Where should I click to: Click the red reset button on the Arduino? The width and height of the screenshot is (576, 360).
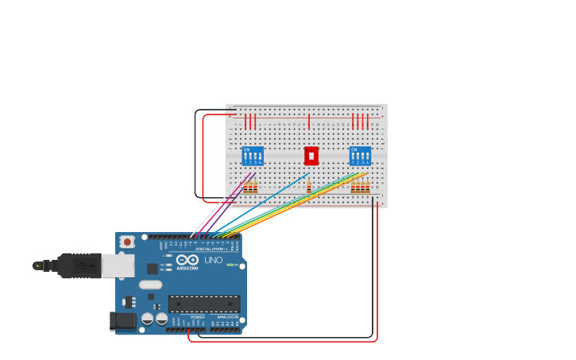point(126,242)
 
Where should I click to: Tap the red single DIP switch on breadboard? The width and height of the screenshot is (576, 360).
point(311,156)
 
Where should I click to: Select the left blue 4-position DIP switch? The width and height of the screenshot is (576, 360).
point(253,156)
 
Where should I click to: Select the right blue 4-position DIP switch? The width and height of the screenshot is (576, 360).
point(360,156)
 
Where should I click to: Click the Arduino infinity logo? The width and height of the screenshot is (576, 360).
point(187,260)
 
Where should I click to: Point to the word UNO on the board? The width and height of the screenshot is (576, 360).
point(213,260)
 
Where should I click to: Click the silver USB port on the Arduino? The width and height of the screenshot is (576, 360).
point(118,265)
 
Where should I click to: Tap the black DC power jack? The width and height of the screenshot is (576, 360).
point(122,321)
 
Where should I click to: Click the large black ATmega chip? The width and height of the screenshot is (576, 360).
point(204,304)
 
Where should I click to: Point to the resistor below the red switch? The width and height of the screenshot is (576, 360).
point(309,188)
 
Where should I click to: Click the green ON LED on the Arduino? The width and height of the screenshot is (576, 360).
point(230,265)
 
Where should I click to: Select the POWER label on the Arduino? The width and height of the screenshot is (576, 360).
point(198,317)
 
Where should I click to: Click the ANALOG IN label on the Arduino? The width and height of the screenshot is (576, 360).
point(227,317)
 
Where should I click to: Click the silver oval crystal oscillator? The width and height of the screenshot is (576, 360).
point(150,285)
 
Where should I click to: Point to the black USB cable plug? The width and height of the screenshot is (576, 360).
point(78,265)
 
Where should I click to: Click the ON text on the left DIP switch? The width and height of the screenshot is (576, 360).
point(246,149)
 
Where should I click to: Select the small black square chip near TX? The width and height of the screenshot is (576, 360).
point(152,269)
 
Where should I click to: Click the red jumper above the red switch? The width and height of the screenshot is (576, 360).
point(309,121)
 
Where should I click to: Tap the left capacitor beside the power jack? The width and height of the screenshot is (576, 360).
point(148,319)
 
